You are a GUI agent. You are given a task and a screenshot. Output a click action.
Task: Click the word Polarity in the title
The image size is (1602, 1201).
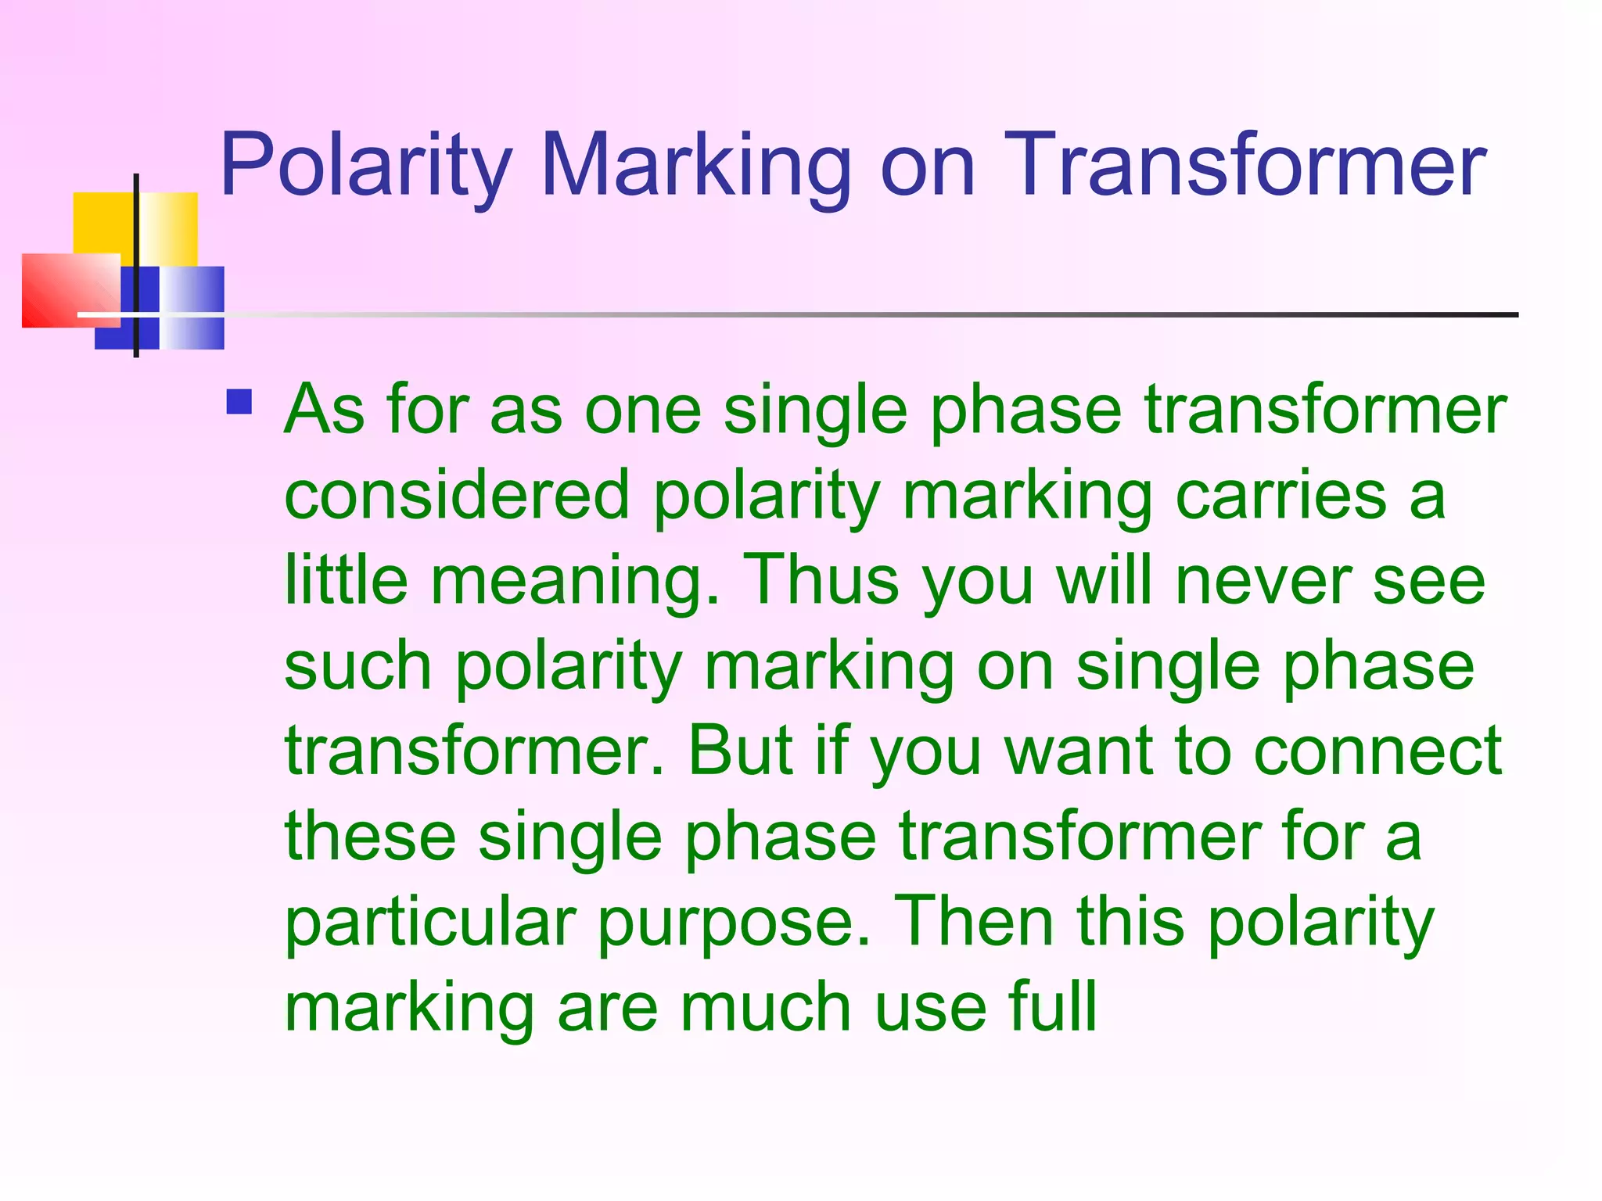tap(365, 166)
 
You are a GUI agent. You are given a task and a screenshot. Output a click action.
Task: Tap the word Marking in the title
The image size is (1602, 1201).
tap(695, 166)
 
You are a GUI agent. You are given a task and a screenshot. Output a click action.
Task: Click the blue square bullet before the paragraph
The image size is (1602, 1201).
tap(239, 402)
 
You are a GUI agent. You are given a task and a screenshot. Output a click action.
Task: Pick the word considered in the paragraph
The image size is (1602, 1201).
tap(457, 496)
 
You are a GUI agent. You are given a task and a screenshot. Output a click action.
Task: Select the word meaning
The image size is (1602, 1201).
tap(575, 583)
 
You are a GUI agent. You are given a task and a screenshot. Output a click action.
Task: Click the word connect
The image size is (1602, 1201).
tap(1378, 751)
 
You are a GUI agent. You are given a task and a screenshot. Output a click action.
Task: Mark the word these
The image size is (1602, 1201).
tap(370, 836)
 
